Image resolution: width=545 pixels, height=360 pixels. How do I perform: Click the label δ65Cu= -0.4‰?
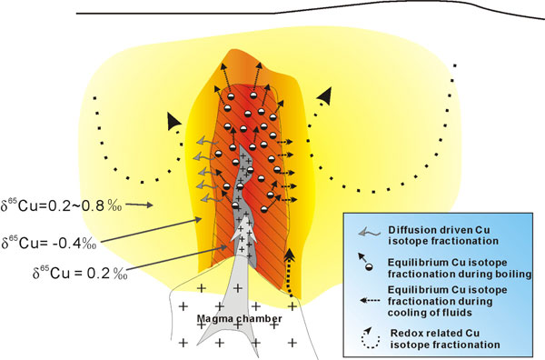pos(46,243)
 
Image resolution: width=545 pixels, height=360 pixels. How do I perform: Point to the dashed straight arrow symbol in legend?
pos(365,294)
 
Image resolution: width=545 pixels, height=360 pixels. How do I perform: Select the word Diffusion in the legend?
pos(407,228)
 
